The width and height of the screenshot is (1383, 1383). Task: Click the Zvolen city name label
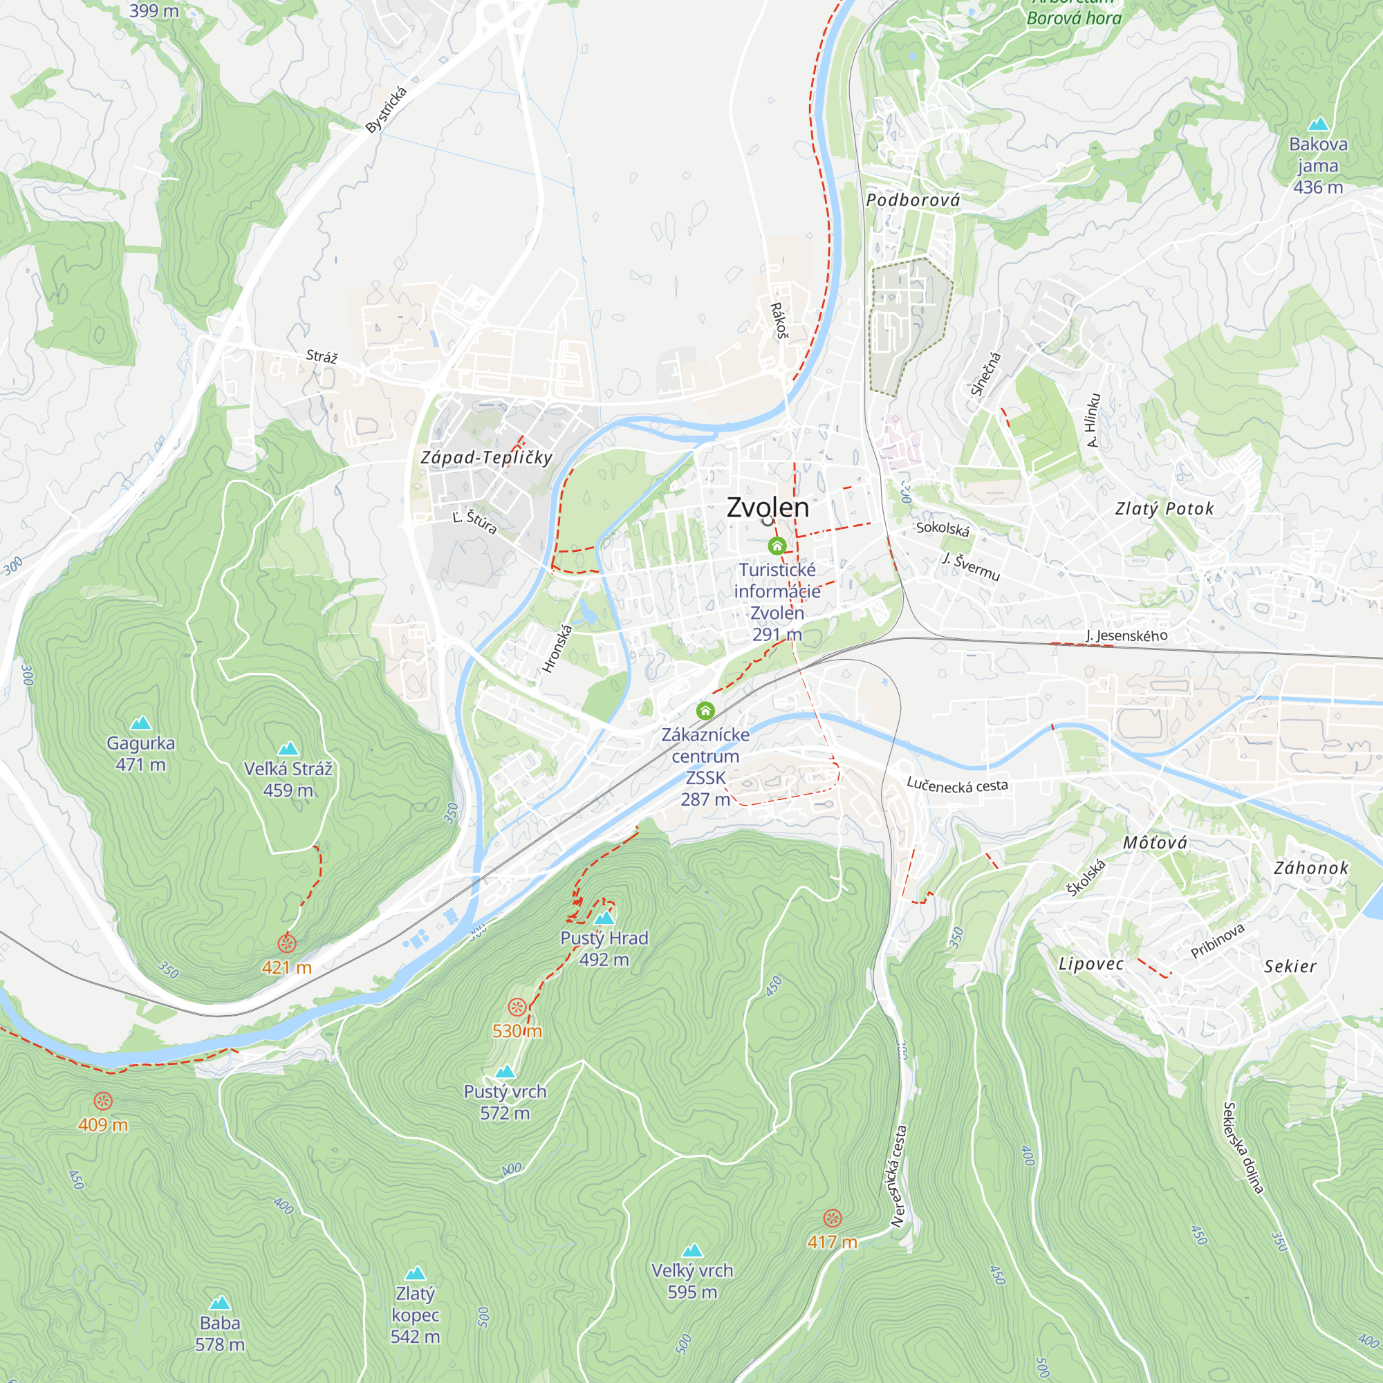point(768,507)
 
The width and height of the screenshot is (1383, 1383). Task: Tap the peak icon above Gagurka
point(141,723)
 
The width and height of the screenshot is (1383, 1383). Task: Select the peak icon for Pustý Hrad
point(605,918)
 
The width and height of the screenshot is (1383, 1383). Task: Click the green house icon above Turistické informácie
point(777,546)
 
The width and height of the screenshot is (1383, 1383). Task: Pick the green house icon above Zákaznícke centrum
point(705,711)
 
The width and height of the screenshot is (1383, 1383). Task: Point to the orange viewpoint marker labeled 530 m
point(517,1008)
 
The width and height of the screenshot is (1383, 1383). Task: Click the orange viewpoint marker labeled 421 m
point(287,944)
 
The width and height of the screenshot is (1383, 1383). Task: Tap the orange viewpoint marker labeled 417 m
point(832,1218)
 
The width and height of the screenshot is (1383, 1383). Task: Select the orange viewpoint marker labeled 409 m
point(103,1101)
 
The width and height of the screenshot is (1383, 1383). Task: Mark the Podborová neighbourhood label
point(913,201)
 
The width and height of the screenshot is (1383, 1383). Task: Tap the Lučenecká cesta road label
point(957,786)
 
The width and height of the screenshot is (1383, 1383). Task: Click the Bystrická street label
point(387,109)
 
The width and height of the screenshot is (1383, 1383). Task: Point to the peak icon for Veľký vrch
point(692,1250)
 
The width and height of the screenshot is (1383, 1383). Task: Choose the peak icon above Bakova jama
point(1318,124)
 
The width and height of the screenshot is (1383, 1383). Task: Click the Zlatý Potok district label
point(1164,509)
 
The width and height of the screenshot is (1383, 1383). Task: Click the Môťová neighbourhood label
point(1155,842)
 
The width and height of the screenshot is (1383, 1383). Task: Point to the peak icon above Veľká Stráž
point(288,749)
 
